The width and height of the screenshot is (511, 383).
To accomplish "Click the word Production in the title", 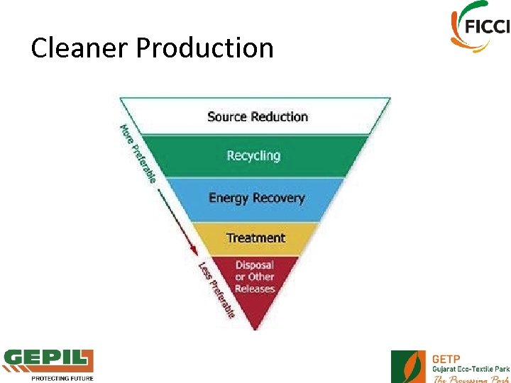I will click(x=204, y=48).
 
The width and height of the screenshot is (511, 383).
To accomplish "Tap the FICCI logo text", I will click(x=488, y=27).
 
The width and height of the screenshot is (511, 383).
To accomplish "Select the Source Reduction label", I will click(x=258, y=116).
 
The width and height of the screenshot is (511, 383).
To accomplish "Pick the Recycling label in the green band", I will click(x=253, y=155).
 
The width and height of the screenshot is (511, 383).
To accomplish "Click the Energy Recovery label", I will click(x=256, y=198).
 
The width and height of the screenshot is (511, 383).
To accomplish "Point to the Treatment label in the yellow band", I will click(x=255, y=238).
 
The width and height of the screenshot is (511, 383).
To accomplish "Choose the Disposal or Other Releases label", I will click(x=255, y=277).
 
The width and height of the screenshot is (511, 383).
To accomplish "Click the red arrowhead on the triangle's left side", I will click(x=192, y=252).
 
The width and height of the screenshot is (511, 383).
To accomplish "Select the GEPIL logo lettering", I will click(x=48, y=361).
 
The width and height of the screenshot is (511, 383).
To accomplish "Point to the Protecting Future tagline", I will click(x=62, y=378).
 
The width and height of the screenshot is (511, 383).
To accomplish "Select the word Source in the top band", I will click(x=226, y=116).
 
